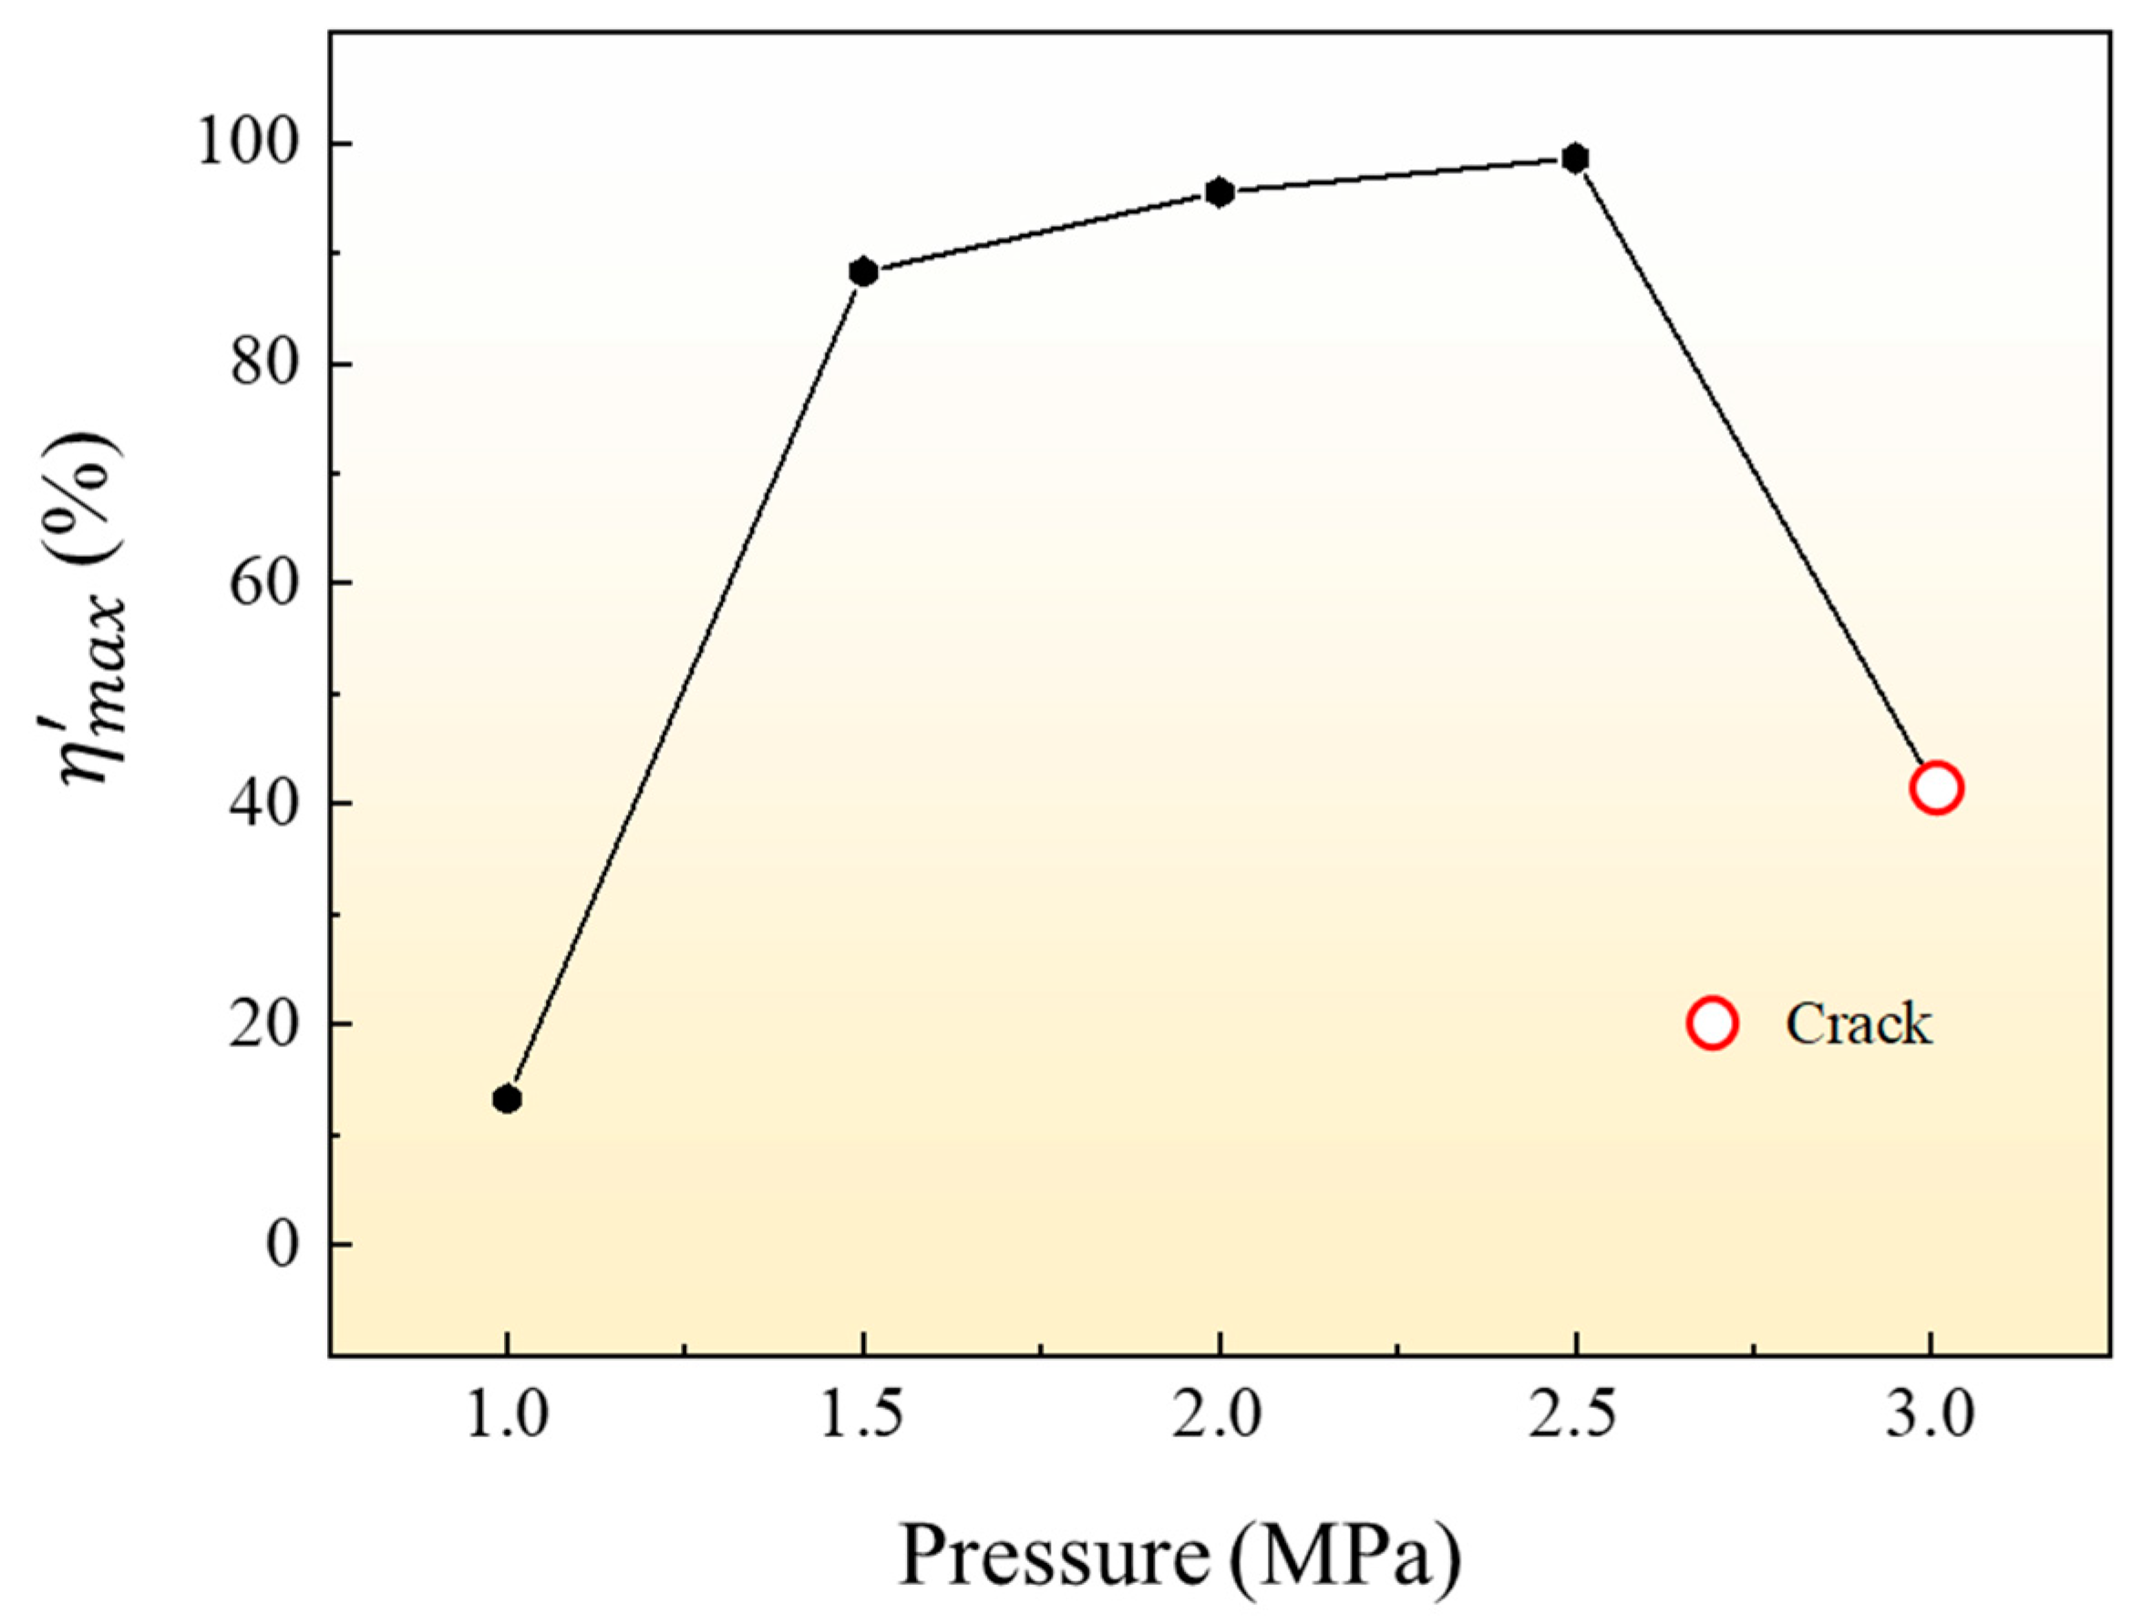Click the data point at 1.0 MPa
pyautogui.click(x=507, y=1099)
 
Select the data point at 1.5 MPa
pyautogui.click(x=863, y=272)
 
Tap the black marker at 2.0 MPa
pyautogui.click(x=1220, y=192)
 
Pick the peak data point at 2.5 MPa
pyautogui.click(x=1576, y=159)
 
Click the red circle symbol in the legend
pyautogui.click(x=1713, y=1023)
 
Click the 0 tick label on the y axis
pyautogui.click(x=283, y=1245)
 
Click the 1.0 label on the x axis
pyautogui.click(x=507, y=1419)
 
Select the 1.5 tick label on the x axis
pyautogui.click(x=863, y=1419)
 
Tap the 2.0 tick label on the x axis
pyautogui.click(x=1220, y=1419)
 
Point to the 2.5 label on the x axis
pyautogui.click(x=1576, y=1419)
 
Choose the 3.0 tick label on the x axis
pyautogui.click(x=1931, y=1419)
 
